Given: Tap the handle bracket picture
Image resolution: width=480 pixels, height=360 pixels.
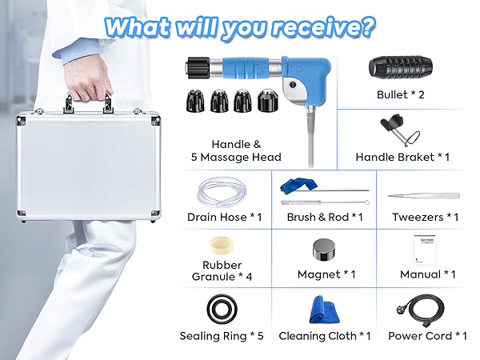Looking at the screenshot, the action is [x=400, y=130].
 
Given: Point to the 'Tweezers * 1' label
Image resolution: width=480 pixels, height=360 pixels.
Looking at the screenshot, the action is [x=425, y=217].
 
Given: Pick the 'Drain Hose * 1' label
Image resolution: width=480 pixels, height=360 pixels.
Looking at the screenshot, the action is [x=225, y=217].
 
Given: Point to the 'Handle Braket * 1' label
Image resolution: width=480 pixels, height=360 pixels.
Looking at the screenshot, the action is [x=402, y=158].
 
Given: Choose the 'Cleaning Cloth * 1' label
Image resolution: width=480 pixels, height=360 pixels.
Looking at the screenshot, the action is [x=324, y=336].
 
